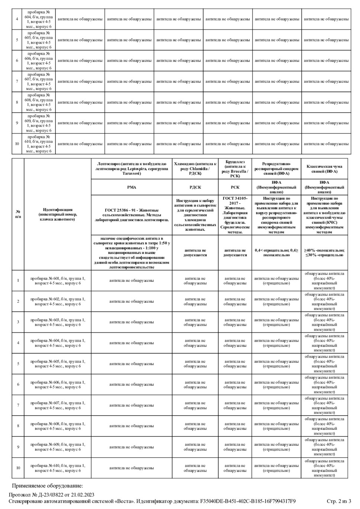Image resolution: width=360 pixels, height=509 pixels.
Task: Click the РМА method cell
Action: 132,187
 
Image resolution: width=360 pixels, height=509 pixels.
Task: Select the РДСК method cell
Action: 195,187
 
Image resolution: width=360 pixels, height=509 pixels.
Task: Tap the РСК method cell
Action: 235,187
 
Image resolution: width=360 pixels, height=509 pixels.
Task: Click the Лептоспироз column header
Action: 132,169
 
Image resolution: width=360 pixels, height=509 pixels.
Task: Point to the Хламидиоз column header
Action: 195,169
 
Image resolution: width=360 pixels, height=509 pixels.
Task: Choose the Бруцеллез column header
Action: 235,169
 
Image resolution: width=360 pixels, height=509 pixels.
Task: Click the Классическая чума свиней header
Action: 324,169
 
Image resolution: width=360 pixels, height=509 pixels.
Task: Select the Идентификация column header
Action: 57,215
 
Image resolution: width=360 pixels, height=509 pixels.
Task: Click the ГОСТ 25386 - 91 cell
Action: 132,215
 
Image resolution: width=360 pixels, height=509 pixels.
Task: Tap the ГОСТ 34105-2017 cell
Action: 235,215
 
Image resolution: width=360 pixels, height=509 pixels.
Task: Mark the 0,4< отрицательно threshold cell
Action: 276,252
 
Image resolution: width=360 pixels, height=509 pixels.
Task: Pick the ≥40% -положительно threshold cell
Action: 324,252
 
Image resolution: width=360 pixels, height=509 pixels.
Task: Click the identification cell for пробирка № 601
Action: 57,280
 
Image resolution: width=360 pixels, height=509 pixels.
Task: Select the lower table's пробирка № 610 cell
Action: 57,468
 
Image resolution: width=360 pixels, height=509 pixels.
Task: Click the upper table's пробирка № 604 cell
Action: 39,19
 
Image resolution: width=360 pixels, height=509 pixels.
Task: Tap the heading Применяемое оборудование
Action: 47,486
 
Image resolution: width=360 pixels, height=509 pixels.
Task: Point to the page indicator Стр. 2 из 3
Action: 339,501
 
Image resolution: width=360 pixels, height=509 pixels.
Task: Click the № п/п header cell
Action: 18,215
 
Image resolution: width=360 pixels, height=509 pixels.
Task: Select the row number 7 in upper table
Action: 17,81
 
